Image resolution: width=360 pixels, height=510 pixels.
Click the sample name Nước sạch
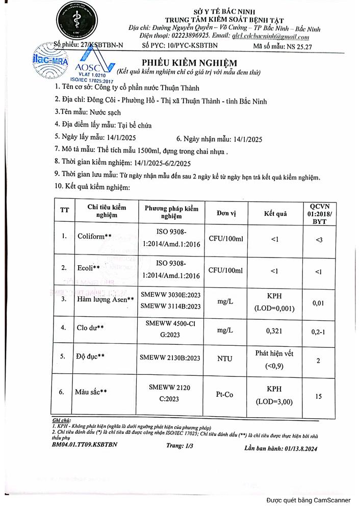point(105,112)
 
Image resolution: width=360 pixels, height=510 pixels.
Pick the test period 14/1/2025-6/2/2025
point(162,163)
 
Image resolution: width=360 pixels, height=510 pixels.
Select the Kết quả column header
point(275,214)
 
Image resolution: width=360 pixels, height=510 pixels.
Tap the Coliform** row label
point(94,236)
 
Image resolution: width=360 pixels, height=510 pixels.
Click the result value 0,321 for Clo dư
point(275,331)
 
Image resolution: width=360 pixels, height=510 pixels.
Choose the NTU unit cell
point(225,359)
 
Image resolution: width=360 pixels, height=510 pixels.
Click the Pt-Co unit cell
point(225,394)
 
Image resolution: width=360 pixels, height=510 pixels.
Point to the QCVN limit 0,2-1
point(319,331)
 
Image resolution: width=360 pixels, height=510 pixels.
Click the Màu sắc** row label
point(91,392)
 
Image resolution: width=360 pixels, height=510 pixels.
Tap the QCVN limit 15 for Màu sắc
point(319,395)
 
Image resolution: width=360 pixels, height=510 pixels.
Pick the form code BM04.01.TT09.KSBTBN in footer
point(85,444)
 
